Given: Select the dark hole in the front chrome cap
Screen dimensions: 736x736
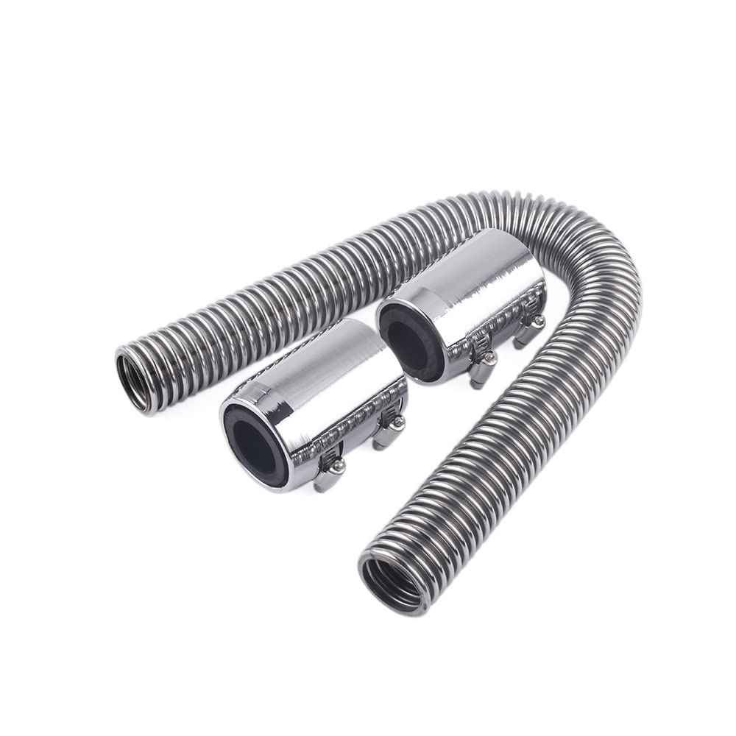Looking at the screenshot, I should coord(254,442).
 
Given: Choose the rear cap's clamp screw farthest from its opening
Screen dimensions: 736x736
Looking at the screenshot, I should coord(538,322).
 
